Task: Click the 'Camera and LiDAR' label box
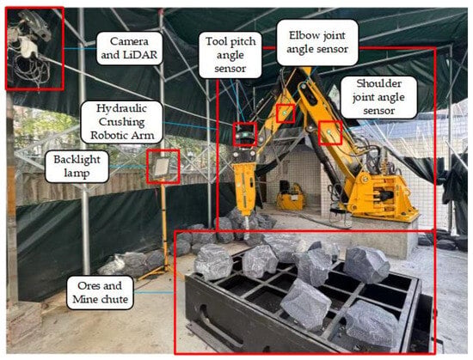coord(129,48)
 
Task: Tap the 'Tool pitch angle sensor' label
coord(230,55)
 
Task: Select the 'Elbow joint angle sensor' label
coord(317,42)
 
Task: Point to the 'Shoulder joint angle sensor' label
coord(378,97)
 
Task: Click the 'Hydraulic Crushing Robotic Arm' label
coord(122,122)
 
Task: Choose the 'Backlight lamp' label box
coord(77,167)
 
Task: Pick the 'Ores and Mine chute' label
coord(100,292)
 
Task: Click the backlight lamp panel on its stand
coord(162,167)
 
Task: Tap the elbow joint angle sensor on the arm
coord(286,113)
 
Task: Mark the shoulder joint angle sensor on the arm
coord(330,132)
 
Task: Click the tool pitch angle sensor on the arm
coord(244,134)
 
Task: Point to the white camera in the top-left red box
coord(28,48)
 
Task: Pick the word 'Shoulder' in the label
coord(379,83)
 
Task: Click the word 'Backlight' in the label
coord(77,160)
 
